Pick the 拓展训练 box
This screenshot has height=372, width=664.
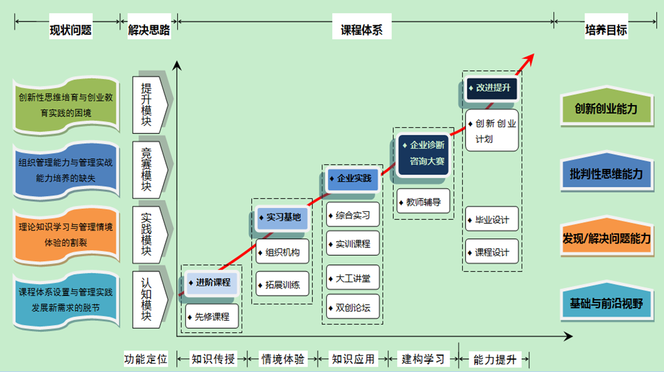tap(283, 284)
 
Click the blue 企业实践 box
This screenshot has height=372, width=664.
tap(353, 178)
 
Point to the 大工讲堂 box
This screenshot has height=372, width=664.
tap(353, 277)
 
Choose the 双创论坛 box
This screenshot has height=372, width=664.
tap(353, 307)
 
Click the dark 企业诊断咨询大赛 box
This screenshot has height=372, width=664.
tap(424, 153)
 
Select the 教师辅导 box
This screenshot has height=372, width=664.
tap(424, 202)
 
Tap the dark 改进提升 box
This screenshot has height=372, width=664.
tap(492, 88)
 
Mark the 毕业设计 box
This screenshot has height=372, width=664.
tap(492, 220)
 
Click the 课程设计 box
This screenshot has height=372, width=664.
tap(492, 252)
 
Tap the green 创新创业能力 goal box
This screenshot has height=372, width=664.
tap(606, 108)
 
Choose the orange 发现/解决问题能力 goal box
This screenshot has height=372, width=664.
tap(606, 239)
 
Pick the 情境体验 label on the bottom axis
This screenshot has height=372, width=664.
tap(283, 359)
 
